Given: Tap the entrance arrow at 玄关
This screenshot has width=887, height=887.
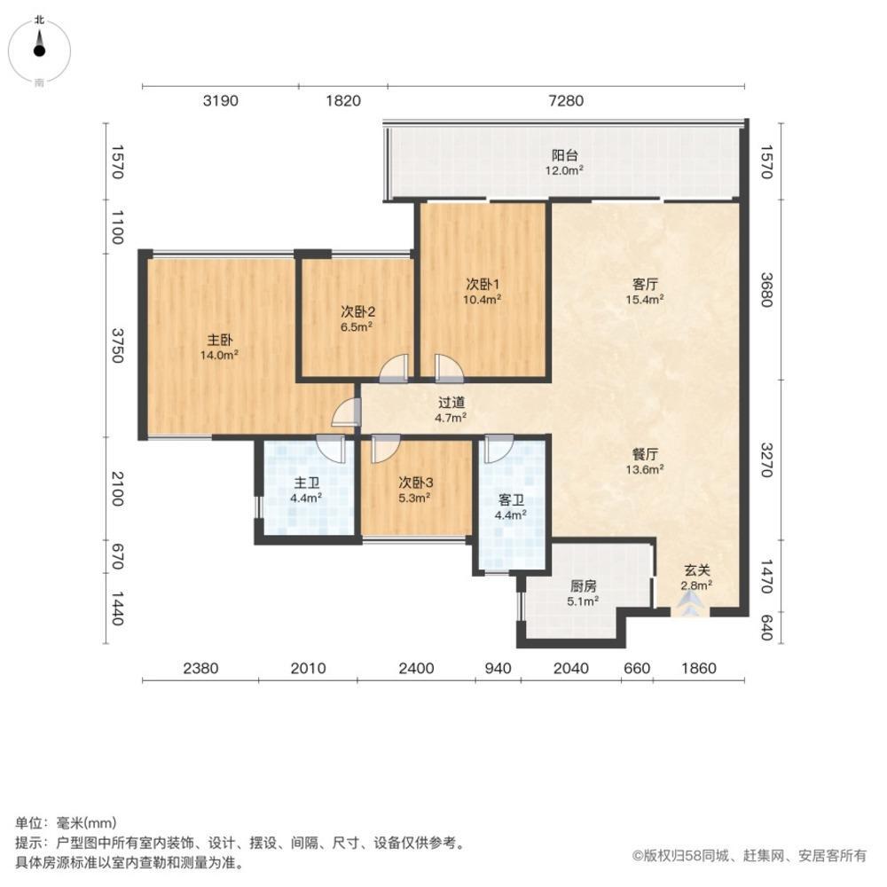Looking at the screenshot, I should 689,604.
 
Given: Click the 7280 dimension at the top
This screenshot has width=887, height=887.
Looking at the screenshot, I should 566,101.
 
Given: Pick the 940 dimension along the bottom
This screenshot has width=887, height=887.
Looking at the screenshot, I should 498,669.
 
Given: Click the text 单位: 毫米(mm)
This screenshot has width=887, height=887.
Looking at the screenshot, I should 67,823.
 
